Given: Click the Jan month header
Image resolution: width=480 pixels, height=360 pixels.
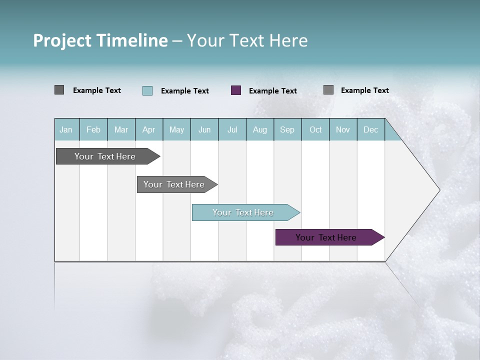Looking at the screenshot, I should (x=66, y=129).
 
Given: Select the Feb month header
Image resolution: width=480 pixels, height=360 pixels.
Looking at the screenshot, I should (x=93, y=129).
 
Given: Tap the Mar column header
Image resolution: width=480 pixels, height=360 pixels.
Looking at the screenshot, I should (x=121, y=129).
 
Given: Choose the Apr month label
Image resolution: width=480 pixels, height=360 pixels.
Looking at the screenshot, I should (x=148, y=129).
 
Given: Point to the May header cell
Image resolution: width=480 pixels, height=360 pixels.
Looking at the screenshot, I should (x=176, y=129).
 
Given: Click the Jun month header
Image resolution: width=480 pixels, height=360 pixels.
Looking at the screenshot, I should (x=204, y=129).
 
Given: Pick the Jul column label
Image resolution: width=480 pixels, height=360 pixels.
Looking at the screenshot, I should (x=232, y=129).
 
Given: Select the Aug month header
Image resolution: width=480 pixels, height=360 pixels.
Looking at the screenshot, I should (x=259, y=129).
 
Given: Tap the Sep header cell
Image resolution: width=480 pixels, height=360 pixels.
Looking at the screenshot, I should (x=287, y=129).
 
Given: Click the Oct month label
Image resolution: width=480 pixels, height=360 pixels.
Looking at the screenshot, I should (x=315, y=129).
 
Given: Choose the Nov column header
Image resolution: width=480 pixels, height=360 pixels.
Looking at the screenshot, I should (x=343, y=129).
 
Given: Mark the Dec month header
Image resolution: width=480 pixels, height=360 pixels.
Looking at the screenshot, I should (x=370, y=129).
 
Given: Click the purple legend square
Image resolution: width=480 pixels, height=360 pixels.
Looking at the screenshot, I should (x=236, y=90).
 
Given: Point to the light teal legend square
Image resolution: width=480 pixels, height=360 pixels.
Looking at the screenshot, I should (x=147, y=90).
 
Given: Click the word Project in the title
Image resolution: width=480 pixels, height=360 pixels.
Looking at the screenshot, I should (x=62, y=40).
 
